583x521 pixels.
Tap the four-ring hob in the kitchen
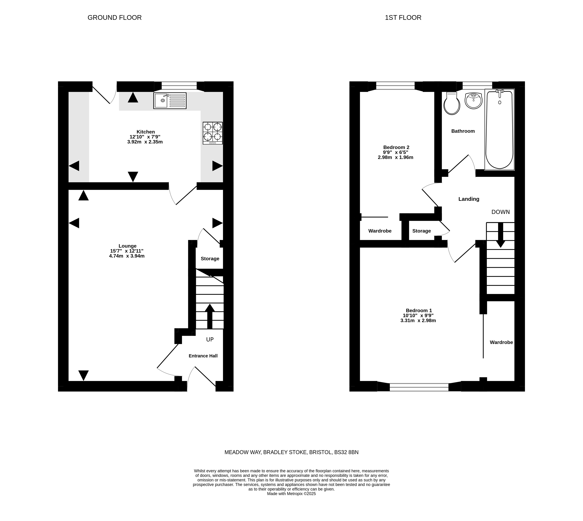(x=213, y=133)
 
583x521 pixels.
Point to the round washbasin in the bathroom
(x=473, y=101)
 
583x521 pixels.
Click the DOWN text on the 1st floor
(x=501, y=212)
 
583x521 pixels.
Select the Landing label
(x=469, y=199)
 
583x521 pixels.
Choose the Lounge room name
(x=128, y=246)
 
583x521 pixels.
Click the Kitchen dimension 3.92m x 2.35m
(x=145, y=142)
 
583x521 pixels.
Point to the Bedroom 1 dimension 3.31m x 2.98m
(x=418, y=320)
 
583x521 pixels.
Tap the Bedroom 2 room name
(x=396, y=147)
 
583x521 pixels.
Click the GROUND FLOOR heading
(x=114, y=18)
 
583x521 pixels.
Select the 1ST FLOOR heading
(x=403, y=18)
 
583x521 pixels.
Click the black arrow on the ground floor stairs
(x=210, y=316)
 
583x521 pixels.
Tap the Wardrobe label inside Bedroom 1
(x=501, y=342)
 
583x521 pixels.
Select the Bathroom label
(x=463, y=131)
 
